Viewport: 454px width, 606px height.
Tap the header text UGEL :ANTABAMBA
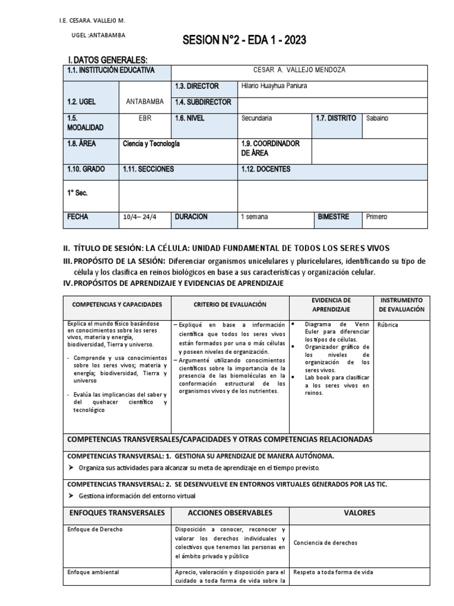(98, 35)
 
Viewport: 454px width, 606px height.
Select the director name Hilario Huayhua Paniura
(274, 86)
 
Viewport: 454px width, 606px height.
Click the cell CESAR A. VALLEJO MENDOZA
(299, 70)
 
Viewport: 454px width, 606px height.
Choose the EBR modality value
(145, 118)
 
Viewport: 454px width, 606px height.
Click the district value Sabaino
(378, 118)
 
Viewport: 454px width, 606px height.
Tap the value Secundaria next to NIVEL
(257, 118)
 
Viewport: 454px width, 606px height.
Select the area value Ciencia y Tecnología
(151, 144)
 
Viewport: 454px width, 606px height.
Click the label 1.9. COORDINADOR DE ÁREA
(271, 148)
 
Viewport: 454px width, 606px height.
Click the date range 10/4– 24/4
(140, 217)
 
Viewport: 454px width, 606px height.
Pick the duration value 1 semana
(254, 217)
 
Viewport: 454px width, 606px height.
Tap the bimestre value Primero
(377, 217)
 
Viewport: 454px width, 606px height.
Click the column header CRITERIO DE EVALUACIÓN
(230, 304)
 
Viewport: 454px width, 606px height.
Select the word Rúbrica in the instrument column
(388, 325)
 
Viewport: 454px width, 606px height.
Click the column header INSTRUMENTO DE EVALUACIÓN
(401, 305)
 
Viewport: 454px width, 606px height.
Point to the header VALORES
(359, 512)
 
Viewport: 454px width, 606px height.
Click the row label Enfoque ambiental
(93, 572)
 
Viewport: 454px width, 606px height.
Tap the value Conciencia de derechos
(325, 543)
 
